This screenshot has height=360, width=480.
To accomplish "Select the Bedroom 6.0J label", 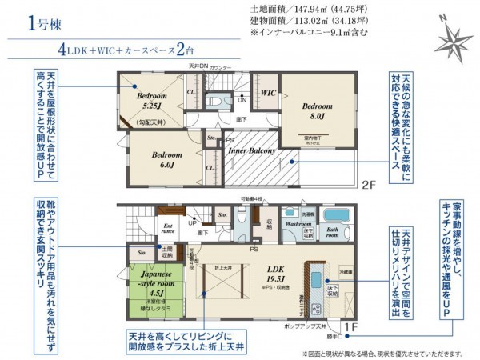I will [162, 159].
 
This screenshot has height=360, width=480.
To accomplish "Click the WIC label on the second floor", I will [268, 94].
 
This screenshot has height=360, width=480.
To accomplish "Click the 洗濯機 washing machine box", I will [306, 215].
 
